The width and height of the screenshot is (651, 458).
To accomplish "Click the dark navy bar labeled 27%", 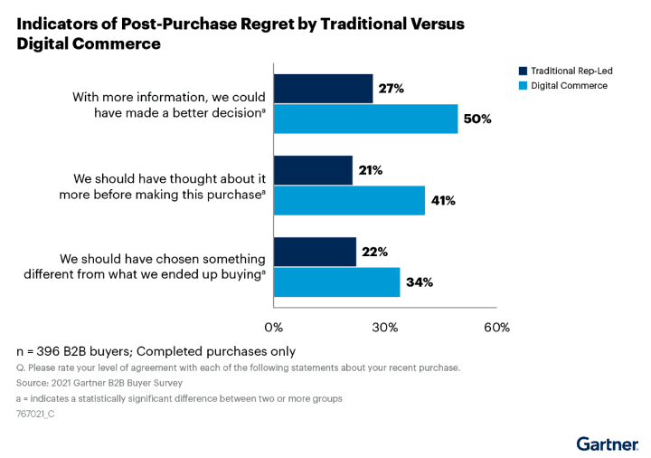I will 323,89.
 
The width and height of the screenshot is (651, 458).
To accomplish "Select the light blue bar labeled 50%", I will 365,119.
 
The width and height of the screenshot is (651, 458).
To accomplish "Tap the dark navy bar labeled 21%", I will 313,170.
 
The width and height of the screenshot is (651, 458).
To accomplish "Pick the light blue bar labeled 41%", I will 349,200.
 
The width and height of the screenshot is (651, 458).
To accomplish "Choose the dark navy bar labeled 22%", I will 315,253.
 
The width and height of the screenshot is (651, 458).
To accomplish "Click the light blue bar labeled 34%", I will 336,281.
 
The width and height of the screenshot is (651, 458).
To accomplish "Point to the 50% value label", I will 476,119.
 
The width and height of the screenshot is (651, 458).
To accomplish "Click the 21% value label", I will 371,170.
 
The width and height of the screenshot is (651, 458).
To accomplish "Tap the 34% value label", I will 419,281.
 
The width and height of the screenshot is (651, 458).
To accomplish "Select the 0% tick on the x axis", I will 273,327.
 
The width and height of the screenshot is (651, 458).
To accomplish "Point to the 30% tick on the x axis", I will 385,327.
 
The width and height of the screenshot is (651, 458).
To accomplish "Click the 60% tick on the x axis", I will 496,327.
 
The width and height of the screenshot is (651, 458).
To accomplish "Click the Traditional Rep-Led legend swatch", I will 523,71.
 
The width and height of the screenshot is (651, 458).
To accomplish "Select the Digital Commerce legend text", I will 569,85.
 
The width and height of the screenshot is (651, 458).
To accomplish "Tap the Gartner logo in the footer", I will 607,444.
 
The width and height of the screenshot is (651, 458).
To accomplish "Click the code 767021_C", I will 37,414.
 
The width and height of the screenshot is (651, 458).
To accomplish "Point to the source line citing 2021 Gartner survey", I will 87,383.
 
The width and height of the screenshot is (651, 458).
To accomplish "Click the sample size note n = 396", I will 156,351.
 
